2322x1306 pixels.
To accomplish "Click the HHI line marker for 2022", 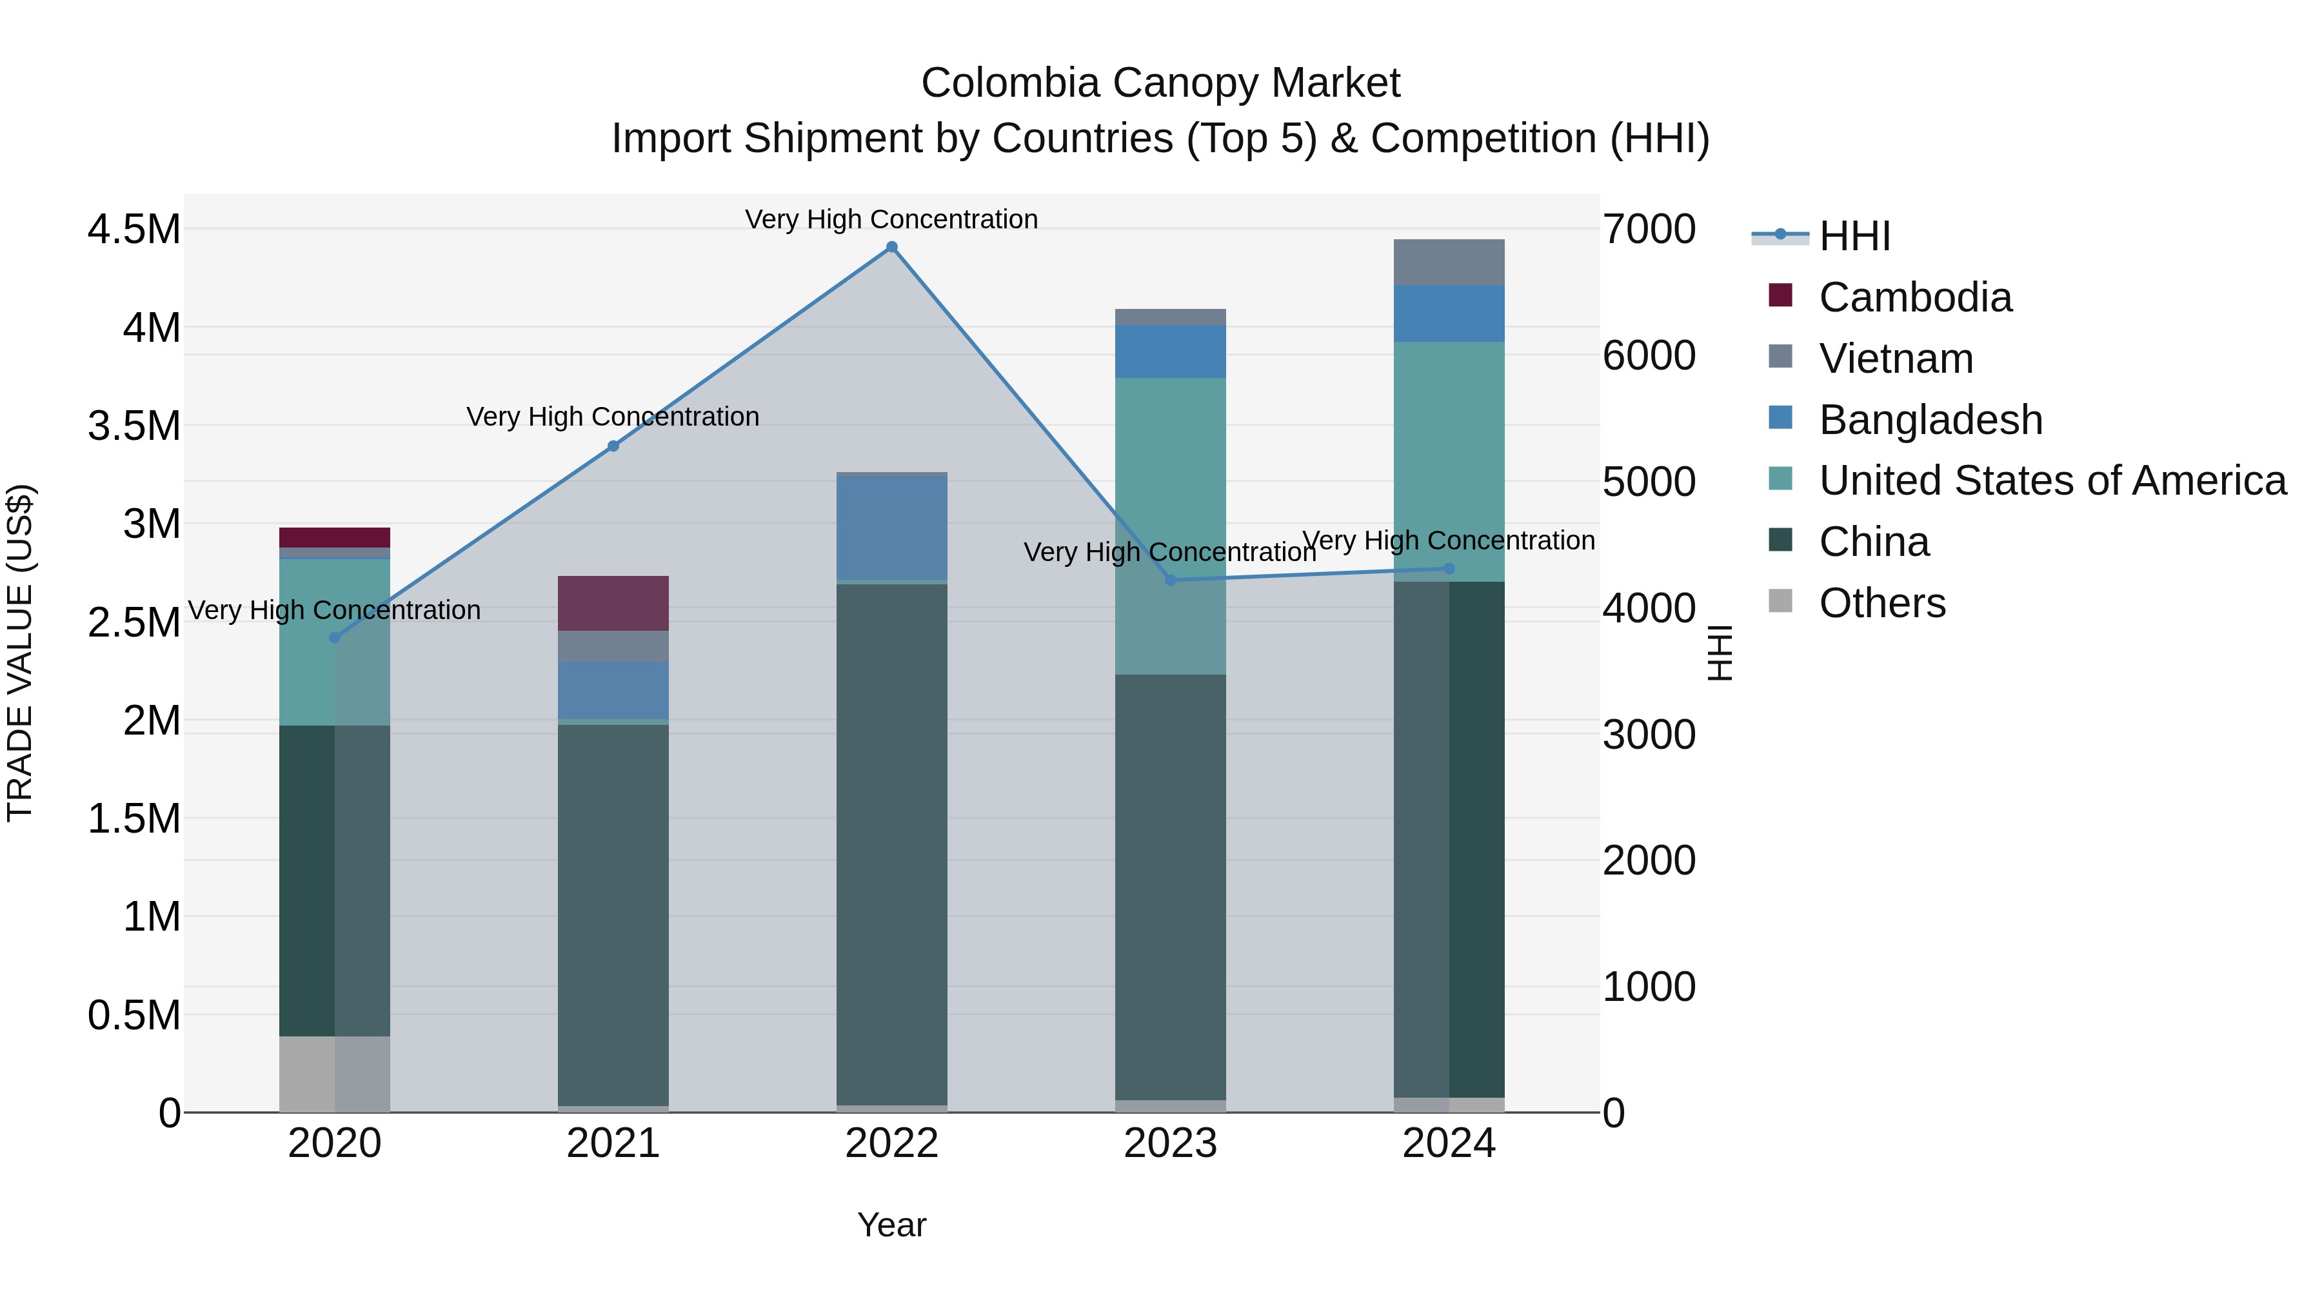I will pyautogui.click(x=891, y=247).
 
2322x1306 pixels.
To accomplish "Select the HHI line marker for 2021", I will pyautogui.click(x=613, y=446).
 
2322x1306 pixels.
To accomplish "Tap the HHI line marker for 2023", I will pyautogui.click(x=1170, y=580).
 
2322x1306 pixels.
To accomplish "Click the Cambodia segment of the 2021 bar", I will pyautogui.click(x=613, y=603).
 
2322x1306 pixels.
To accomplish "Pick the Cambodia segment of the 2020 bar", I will pyautogui.click(x=334, y=537).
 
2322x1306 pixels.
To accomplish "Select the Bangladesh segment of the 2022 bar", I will pyautogui.click(x=891, y=528).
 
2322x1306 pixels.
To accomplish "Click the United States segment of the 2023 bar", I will pyautogui.click(x=1170, y=526).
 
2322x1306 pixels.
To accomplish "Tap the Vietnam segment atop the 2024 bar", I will pyautogui.click(x=1449, y=262).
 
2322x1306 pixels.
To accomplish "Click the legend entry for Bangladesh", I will pyautogui.click(x=1930, y=420).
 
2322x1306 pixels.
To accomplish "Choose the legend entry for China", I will pyautogui.click(x=1873, y=542).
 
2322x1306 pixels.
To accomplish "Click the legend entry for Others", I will pyautogui.click(x=1881, y=603).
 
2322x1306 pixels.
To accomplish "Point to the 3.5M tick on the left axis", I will pyautogui.click(x=134, y=426).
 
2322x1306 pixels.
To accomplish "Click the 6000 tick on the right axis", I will pyautogui.click(x=1649, y=356).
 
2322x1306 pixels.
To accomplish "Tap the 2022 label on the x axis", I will pyautogui.click(x=891, y=1143).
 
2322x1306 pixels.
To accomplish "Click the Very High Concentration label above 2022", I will pyautogui.click(x=891, y=219).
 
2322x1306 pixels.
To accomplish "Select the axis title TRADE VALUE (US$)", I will pyautogui.click(x=20, y=653).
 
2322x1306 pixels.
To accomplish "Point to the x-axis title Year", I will pyautogui.click(x=891, y=1225).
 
